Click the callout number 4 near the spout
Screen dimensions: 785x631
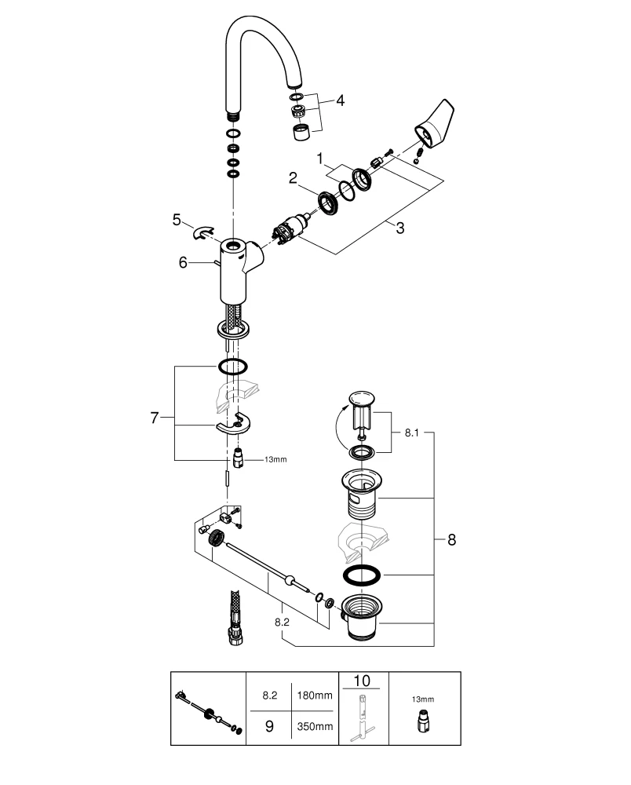pyautogui.click(x=340, y=100)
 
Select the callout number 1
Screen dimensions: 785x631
pyautogui.click(x=319, y=159)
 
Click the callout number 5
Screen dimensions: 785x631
pyautogui.click(x=177, y=220)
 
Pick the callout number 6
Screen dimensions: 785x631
pyautogui.click(x=182, y=263)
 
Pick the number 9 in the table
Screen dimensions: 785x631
pyautogui.click(x=268, y=726)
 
